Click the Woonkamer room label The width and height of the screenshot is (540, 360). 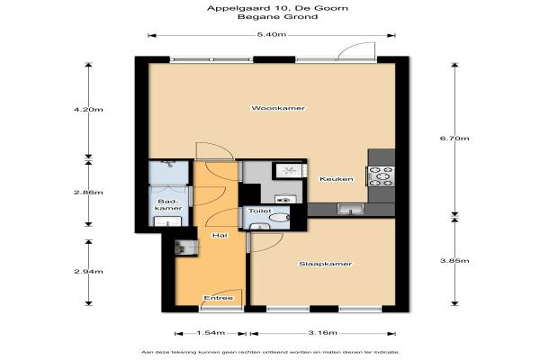pos(278,108)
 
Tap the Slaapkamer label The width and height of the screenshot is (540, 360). pos(326,264)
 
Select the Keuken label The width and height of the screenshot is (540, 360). pos(337,179)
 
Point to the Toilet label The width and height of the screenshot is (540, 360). pos(260,211)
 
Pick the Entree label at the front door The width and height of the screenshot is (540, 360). pos(219,298)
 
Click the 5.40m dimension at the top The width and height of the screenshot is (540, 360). pos(272,34)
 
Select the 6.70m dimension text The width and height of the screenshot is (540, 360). pos(454,139)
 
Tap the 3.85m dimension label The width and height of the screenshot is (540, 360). pos(454,260)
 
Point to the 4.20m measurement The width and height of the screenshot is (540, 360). pos(88,110)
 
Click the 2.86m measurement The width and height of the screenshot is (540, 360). pos(88,193)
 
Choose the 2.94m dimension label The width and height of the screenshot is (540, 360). pos(88,272)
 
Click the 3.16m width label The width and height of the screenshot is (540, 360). pos(323,333)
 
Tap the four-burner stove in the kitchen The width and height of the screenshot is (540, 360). pos(381,176)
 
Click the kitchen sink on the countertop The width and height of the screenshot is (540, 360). pos(350,209)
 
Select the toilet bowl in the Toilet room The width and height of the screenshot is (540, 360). pos(279,218)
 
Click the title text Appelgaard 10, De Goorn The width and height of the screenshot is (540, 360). pos(277,8)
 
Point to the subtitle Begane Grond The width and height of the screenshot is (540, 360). pos(277,16)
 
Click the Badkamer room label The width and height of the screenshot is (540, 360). pos(168,205)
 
